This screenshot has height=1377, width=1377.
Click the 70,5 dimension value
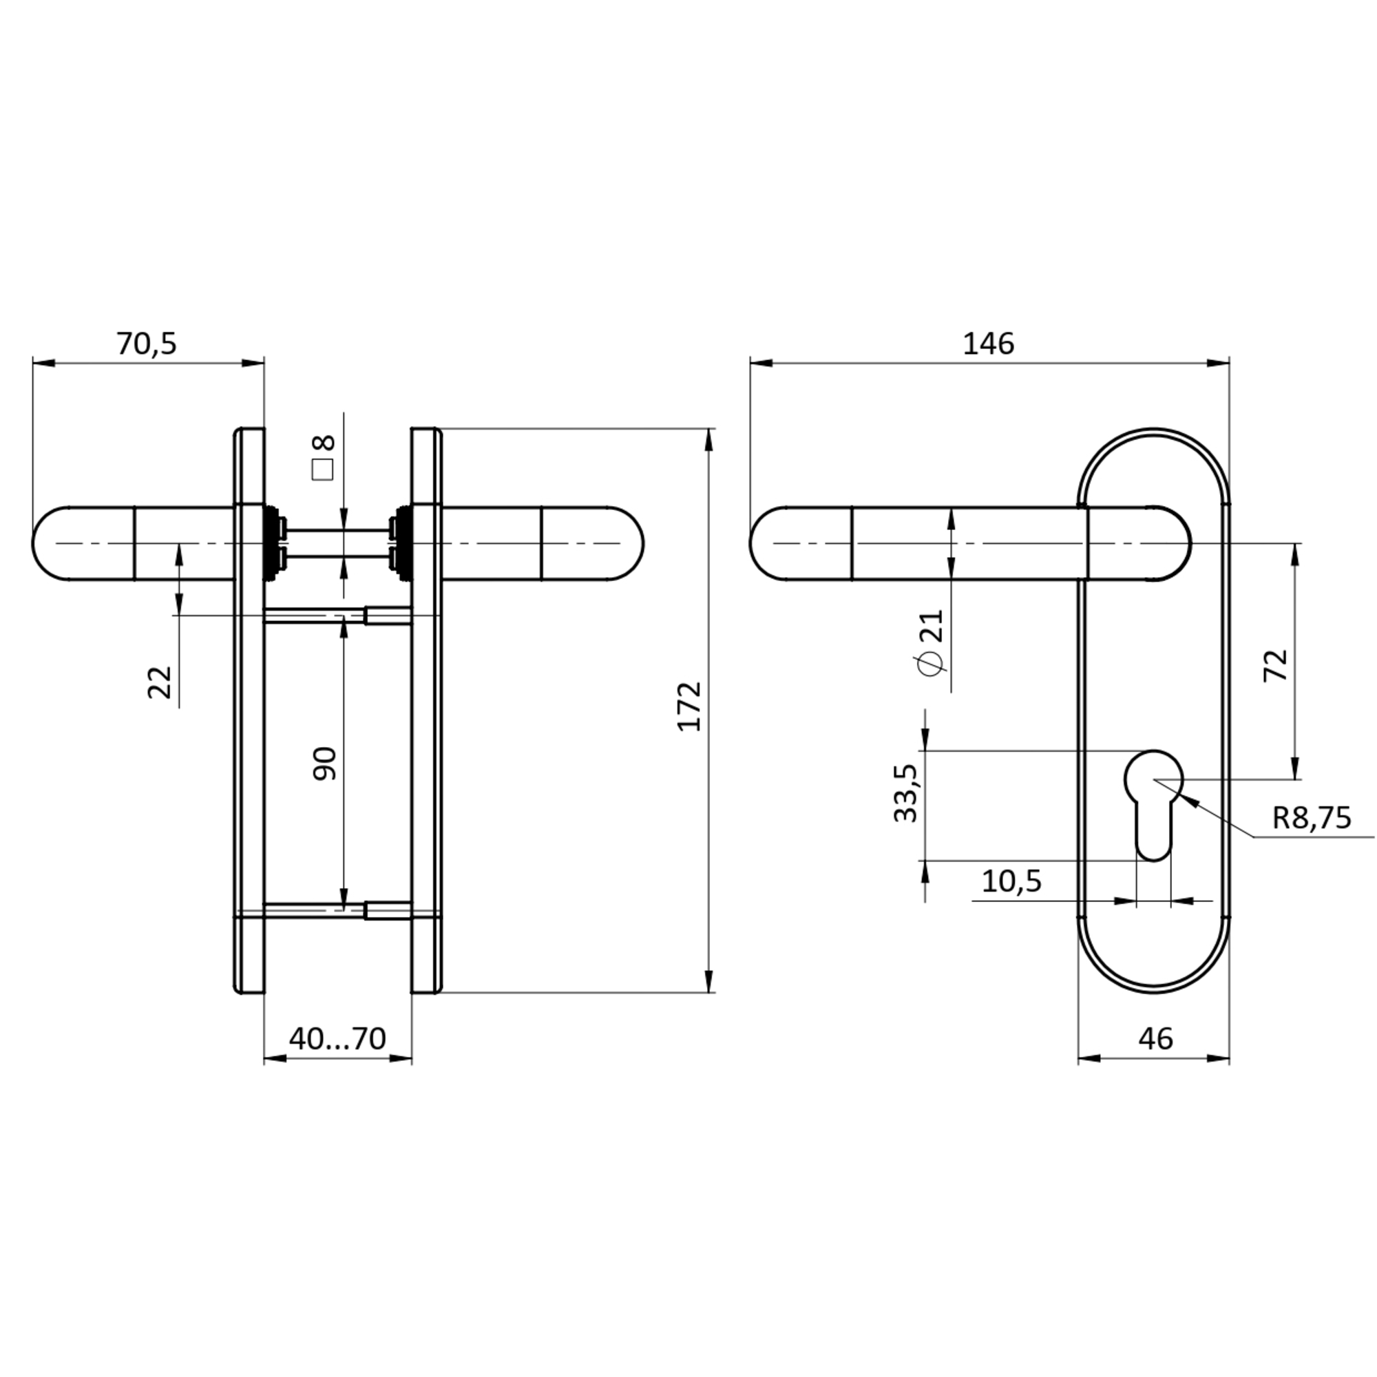[146, 344]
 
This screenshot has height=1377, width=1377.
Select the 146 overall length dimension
[988, 344]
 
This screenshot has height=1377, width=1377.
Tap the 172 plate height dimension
[689, 706]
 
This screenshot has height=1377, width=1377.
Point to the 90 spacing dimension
[325, 764]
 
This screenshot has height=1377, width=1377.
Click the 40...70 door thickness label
[337, 1038]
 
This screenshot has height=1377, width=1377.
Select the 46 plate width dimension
[1155, 1038]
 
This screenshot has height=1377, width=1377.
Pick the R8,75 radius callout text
[1312, 817]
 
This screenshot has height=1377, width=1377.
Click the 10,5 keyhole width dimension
[1011, 881]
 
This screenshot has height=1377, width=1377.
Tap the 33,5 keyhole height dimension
[906, 793]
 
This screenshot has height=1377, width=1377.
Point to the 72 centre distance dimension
[1276, 665]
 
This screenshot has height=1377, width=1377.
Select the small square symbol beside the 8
[323, 470]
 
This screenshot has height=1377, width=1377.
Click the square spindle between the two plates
[337, 543]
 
